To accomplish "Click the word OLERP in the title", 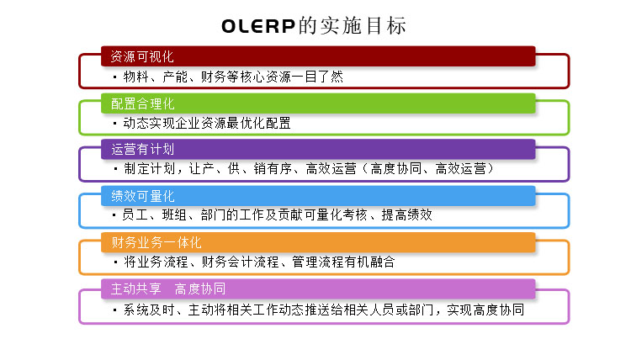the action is [258, 26].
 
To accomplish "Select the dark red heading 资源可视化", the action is [142, 56].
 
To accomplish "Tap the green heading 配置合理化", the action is [142, 103].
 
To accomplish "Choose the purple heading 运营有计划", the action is [142, 149].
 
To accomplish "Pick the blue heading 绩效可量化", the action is [143, 196].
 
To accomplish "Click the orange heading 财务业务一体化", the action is [156, 242].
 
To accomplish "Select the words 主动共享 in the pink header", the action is [135, 289].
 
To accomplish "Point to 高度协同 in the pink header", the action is [200, 289].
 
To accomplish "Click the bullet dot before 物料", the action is [115, 77].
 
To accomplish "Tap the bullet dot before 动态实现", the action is [115, 123].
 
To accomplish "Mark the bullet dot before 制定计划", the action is [115, 169].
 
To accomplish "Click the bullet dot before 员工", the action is [114, 215].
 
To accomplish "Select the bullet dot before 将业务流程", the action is [115, 262].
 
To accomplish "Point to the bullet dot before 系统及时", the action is [115, 310].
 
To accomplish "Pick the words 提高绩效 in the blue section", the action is [407, 215].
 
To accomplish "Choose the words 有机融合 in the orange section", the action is [369, 262].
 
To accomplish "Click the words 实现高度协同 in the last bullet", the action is [485, 310].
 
